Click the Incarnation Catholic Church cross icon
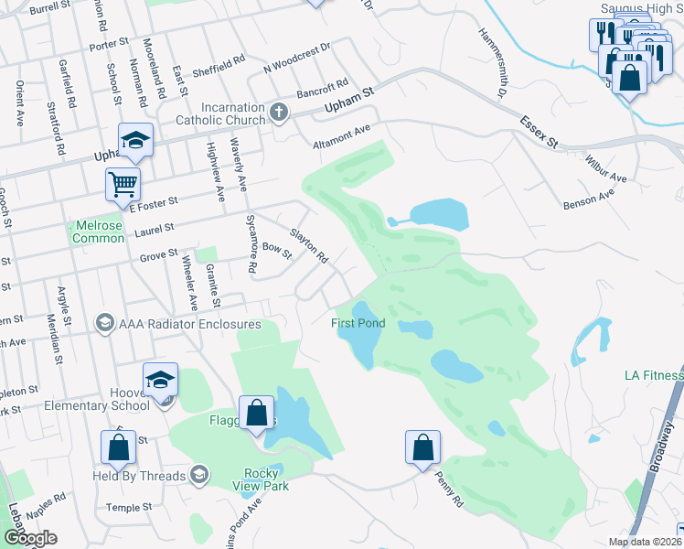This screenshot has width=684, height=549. pyautogui.click(x=280, y=112)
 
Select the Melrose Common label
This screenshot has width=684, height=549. pyautogui.click(x=99, y=232)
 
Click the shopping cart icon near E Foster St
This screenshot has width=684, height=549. pyautogui.click(x=123, y=184)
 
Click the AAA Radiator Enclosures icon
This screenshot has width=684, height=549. pyautogui.click(x=105, y=323)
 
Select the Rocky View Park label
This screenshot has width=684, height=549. pyautogui.click(x=266, y=479)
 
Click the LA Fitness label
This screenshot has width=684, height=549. pyautogui.click(x=654, y=375)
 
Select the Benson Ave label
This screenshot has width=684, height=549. pyautogui.click(x=590, y=199)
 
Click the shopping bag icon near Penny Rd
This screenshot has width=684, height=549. pyautogui.click(x=422, y=448)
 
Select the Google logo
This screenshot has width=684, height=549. pyautogui.click(x=29, y=538)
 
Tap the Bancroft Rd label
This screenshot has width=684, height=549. pyautogui.click(x=320, y=90)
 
